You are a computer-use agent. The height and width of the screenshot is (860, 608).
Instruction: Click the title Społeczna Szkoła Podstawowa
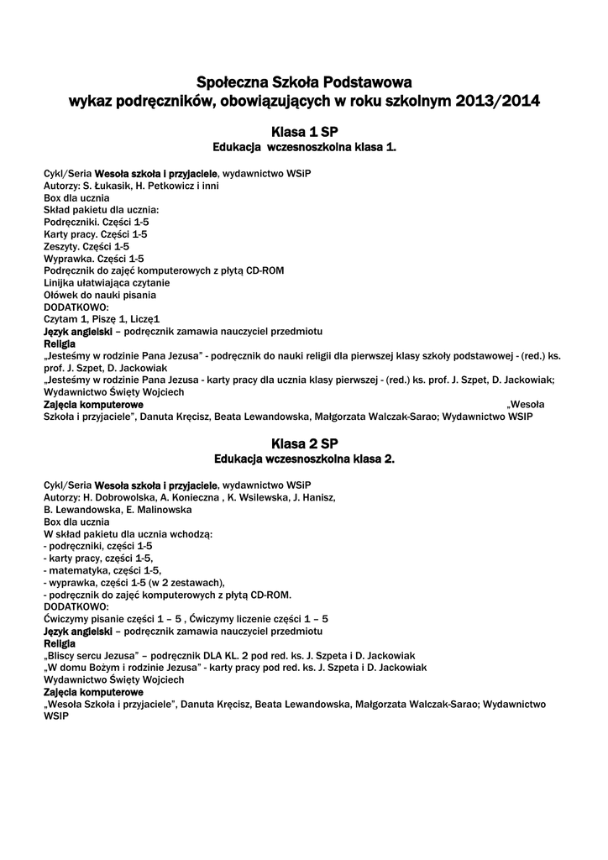(304, 82)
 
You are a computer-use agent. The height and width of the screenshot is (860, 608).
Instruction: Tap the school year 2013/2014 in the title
(499, 102)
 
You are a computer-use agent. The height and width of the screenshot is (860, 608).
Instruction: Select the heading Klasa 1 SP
(304, 132)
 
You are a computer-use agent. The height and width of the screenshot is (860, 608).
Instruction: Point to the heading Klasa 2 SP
(304, 443)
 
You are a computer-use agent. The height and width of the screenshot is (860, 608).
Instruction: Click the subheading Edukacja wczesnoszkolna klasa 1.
(304, 147)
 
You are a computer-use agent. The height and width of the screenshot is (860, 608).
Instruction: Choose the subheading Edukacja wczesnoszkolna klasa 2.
(304, 459)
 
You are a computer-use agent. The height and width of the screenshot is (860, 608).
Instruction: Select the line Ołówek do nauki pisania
(100, 295)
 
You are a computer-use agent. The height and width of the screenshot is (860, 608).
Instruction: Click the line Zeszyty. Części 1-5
(86, 246)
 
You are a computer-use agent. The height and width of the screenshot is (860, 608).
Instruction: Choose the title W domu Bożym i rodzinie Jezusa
(121, 667)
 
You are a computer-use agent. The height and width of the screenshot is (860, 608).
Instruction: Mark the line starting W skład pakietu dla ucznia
(128, 533)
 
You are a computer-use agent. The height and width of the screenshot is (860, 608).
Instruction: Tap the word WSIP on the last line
(55, 719)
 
